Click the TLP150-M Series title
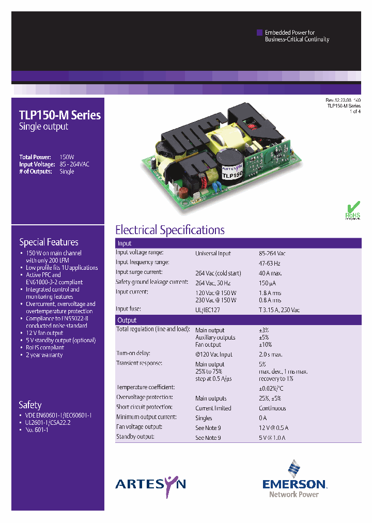(x=60, y=115)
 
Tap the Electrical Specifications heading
(x=169, y=230)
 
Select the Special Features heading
(x=49, y=242)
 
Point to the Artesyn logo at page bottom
(x=150, y=484)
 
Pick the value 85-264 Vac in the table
(x=272, y=254)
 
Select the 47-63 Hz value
(x=270, y=263)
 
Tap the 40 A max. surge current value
(x=270, y=273)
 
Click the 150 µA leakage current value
(x=268, y=283)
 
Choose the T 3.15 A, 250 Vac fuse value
(x=279, y=310)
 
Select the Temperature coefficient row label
(x=145, y=387)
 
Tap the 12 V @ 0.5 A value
(x=274, y=428)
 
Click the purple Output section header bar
(x=238, y=320)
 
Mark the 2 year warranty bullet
(x=44, y=355)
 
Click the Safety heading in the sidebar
(x=30, y=405)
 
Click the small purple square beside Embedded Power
(x=259, y=33)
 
